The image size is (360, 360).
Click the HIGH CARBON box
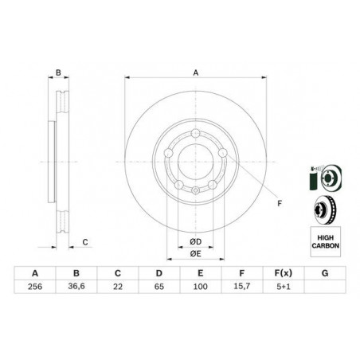coord(323,239)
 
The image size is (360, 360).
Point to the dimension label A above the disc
coord(195,74)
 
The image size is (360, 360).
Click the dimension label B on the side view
coord(58,74)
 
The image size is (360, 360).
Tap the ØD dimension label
coord(195,241)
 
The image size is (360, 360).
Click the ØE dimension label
coord(195,255)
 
